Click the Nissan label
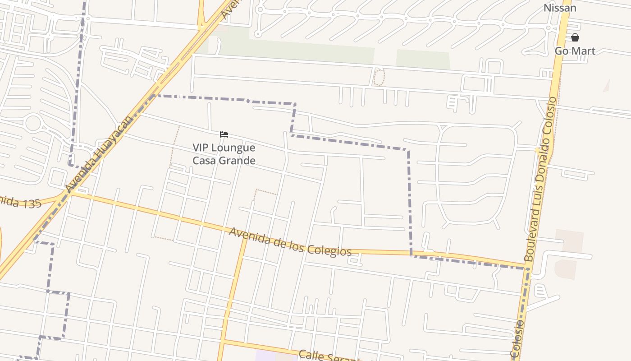click(560, 8)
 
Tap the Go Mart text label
click(575, 51)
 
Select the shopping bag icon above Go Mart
click(575, 37)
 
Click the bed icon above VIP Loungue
click(224, 134)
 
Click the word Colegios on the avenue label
click(330, 250)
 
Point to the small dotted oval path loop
click(379, 77)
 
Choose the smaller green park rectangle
click(423, 59)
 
